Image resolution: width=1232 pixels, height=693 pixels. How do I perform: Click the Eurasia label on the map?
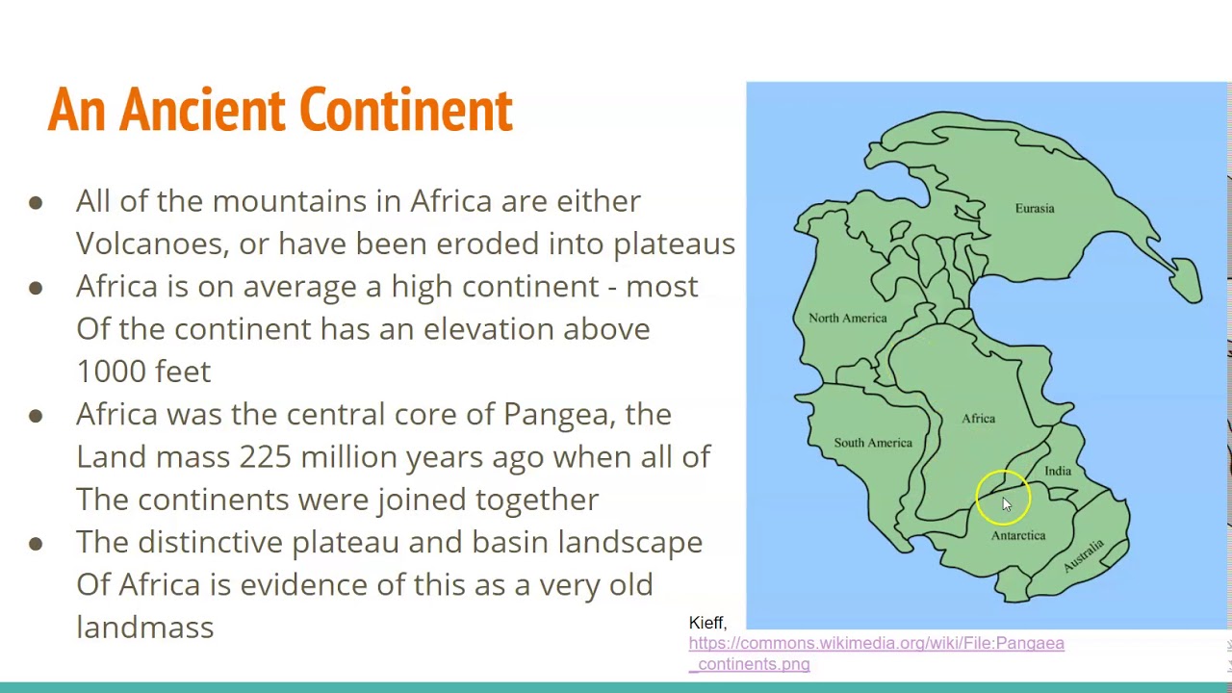click(x=1034, y=208)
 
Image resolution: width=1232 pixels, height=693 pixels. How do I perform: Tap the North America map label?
click(x=847, y=318)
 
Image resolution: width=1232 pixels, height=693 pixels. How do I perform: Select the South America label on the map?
click(x=872, y=443)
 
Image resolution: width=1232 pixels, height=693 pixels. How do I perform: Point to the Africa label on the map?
click(x=978, y=418)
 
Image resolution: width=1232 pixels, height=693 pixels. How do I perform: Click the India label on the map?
click(x=1057, y=471)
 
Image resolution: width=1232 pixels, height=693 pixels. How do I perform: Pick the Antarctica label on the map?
click(x=1017, y=535)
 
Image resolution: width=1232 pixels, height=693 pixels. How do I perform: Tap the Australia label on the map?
click(x=1084, y=556)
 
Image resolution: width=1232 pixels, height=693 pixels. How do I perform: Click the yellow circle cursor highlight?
click(x=1003, y=499)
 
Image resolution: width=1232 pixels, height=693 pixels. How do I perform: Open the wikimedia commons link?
click(x=875, y=653)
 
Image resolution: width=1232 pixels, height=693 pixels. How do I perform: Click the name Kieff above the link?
click(x=706, y=623)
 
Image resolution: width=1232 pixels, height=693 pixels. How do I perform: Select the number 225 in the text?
click(x=265, y=457)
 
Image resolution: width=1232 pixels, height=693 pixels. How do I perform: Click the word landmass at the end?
click(x=144, y=628)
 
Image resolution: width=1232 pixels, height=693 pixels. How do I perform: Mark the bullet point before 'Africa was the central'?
click(x=36, y=415)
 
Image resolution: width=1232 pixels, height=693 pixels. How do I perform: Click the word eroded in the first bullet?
click(x=488, y=244)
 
